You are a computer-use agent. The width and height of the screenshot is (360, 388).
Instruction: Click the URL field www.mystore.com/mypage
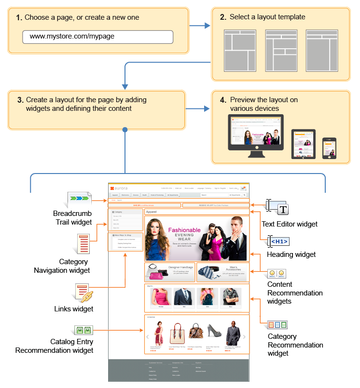click(x=97, y=37)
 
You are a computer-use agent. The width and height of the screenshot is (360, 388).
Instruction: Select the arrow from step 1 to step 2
click(x=196, y=26)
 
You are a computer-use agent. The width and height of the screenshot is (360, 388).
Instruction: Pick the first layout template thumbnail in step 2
click(x=240, y=51)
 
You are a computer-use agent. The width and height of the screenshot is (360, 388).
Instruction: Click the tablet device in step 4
click(x=304, y=144)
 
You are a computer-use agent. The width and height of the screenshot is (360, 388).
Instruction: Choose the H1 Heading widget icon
click(x=279, y=241)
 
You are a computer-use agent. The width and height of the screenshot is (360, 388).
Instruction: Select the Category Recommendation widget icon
click(x=277, y=324)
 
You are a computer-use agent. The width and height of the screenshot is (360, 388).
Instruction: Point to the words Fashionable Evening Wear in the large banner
click(x=184, y=234)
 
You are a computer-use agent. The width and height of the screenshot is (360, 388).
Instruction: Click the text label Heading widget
click(x=291, y=254)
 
